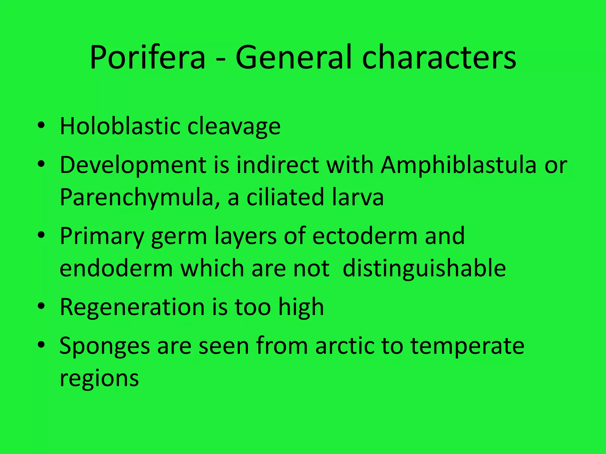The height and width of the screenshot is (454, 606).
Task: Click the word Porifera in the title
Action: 147,57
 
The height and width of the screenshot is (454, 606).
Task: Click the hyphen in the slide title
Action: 220,59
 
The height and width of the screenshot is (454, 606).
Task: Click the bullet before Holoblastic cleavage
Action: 41,126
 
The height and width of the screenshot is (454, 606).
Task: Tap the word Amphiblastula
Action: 458,165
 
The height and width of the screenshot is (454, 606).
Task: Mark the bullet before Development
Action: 41,164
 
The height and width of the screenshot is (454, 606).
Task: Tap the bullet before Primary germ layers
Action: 41,235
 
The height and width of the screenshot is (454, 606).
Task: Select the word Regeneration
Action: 132,308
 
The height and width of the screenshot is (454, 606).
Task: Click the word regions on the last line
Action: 99,379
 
